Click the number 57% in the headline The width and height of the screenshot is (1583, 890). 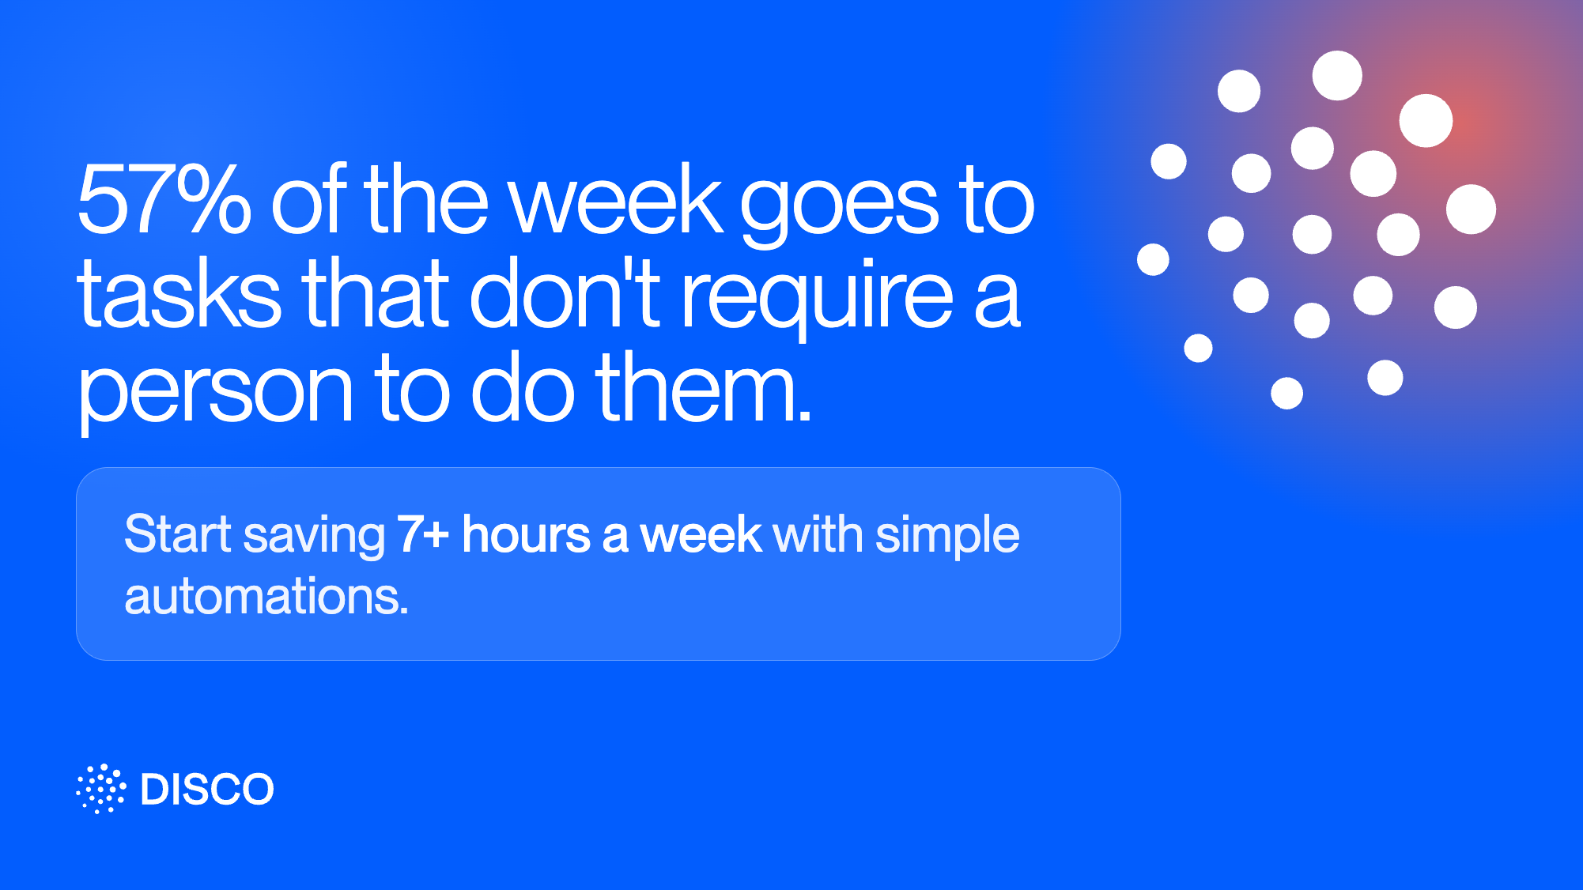(164, 199)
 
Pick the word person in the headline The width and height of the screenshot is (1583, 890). (215, 392)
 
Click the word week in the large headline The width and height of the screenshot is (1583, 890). (615, 199)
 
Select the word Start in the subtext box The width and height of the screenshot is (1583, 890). (178, 534)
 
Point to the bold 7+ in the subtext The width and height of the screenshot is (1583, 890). (423, 534)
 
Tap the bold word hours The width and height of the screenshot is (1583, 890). (526, 534)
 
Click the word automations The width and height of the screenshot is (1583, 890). (266, 596)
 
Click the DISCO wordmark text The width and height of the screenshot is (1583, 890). (207, 790)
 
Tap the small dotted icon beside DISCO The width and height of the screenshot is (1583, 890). (100, 789)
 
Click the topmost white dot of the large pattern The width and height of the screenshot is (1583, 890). (1337, 76)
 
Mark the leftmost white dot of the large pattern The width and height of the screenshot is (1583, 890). (1153, 259)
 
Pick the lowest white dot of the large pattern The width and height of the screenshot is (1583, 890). (1286, 393)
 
